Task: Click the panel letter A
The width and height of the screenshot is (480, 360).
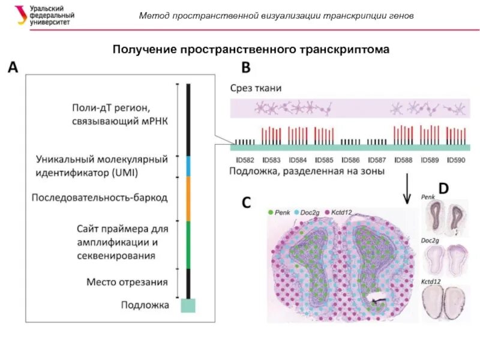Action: (13, 67)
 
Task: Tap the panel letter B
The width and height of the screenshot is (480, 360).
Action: (247, 67)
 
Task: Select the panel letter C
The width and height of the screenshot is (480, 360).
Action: (246, 202)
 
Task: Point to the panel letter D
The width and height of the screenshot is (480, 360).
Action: (443, 188)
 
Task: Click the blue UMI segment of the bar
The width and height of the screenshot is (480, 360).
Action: (188, 166)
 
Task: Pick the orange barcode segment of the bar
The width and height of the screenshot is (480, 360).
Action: (188, 198)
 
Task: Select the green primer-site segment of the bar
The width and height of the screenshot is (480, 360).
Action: (188, 245)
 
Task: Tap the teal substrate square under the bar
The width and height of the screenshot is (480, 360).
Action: (188, 305)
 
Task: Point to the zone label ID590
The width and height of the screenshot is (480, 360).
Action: (457, 160)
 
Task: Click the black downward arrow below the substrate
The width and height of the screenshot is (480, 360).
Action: (408, 190)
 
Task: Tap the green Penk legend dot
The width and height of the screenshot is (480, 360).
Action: (271, 212)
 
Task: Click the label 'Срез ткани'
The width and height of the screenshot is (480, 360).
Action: (256, 88)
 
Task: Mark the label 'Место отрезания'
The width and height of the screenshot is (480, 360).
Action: (127, 281)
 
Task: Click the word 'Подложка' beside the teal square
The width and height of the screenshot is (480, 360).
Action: (145, 305)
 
